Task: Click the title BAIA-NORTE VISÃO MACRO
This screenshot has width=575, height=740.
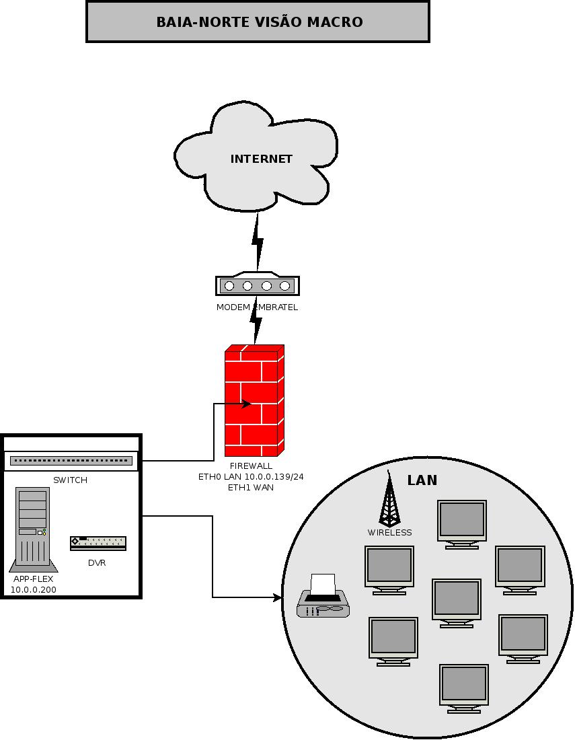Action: coord(260,22)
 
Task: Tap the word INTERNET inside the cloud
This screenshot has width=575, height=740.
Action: coord(262,159)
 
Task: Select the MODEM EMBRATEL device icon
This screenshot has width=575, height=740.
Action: coord(258,284)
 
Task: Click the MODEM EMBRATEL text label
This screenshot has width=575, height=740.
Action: coord(257,307)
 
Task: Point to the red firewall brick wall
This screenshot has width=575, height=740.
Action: coord(254,400)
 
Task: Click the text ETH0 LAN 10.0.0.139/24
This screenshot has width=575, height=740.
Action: coord(251,477)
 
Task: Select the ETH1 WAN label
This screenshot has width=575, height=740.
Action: coord(251,488)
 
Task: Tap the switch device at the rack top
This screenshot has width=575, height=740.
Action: coord(71,461)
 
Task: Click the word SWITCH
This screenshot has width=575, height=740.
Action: coord(71,480)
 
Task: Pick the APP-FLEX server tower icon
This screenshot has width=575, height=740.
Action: coord(33,529)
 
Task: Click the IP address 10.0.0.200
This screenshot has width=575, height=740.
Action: coord(34,589)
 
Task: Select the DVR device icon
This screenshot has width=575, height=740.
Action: coord(98,543)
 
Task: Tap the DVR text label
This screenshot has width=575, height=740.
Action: coord(97,563)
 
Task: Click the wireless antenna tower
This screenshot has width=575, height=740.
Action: coord(389,499)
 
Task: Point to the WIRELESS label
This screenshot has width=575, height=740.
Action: coord(389,532)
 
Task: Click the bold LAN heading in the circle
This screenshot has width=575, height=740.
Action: coord(422,480)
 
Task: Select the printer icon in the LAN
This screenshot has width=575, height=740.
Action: coord(323,595)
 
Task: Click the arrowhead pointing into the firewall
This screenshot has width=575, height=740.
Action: coord(246,404)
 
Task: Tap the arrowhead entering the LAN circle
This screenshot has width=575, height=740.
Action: coord(278,597)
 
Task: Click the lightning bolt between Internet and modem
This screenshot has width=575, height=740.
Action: coord(258,242)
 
